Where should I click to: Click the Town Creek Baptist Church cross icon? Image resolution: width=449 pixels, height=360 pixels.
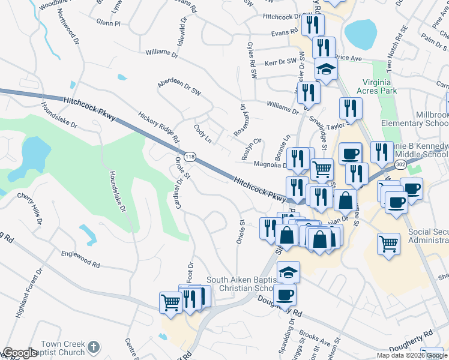pos(93,346)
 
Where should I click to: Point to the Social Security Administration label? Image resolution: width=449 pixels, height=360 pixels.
pos(428,236)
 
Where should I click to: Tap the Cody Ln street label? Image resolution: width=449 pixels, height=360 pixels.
pos(203,134)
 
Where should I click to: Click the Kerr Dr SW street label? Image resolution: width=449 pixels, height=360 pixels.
pos(281,61)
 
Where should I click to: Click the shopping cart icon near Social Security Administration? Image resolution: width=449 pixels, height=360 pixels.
pos(389,244)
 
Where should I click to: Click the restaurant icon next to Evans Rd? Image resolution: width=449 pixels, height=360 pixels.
pos(312,25)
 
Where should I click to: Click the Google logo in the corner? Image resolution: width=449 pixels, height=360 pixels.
pos(20,353)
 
